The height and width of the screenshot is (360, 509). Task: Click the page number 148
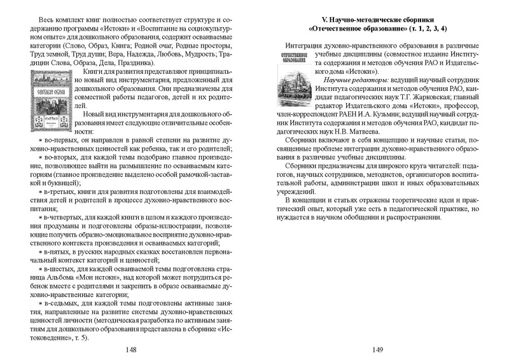[x=131, y=349]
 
